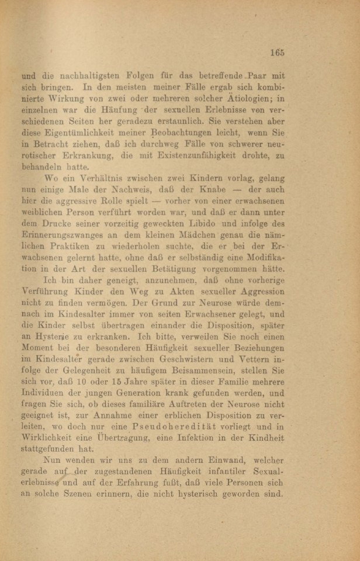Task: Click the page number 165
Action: coord(277,52)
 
